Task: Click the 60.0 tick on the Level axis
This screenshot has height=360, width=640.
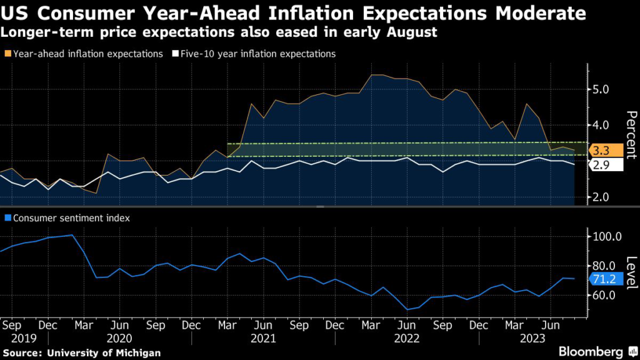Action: pos(605,295)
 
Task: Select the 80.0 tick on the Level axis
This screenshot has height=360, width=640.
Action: pos(605,266)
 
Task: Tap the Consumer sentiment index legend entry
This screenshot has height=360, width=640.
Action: pos(69,218)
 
